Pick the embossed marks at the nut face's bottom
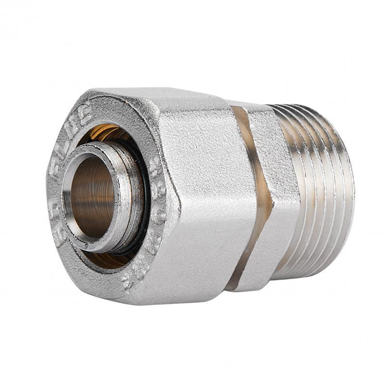[130, 274]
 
